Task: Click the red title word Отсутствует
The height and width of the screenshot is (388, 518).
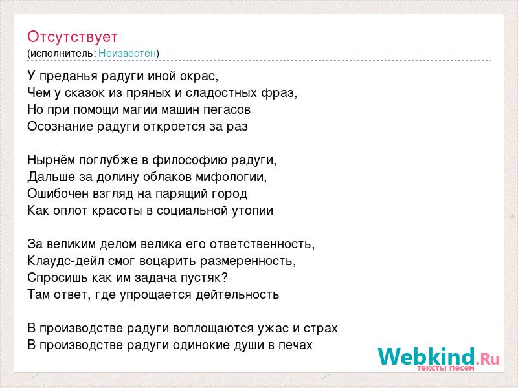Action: tap(73, 37)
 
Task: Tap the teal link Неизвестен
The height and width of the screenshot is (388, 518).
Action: tap(127, 53)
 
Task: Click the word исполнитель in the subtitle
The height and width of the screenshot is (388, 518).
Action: tap(62, 54)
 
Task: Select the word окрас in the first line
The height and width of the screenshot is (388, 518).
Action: tap(198, 76)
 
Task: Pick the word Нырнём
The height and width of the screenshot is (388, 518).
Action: tap(51, 160)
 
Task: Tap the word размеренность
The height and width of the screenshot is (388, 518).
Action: tap(247, 261)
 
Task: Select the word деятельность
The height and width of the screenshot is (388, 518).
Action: tap(237, 295)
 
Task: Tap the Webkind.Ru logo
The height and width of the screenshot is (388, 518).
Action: tap(438, 358)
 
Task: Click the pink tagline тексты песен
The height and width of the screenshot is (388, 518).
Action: tap(445, 367)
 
